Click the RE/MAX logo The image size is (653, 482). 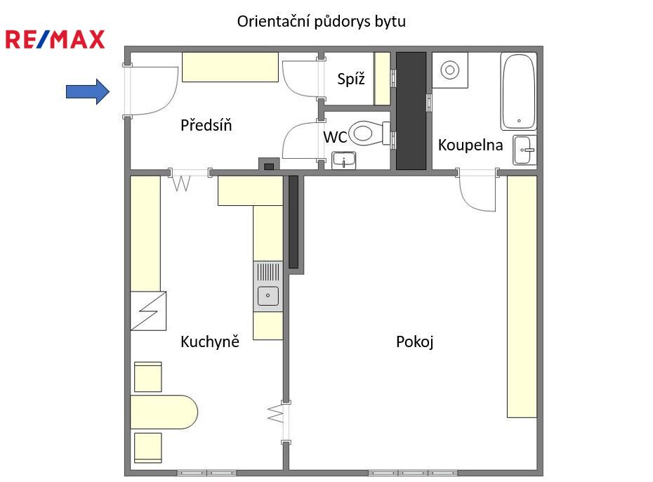[55, 39]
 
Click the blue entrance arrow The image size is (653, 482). [88, 91]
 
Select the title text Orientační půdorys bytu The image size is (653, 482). [321, 21]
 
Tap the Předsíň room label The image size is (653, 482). [206, 125]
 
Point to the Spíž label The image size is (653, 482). [351, 79]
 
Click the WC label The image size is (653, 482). [335, 137]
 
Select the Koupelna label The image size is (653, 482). [470, 145]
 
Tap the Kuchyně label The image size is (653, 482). [210, 341]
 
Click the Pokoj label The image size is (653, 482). [415, 341]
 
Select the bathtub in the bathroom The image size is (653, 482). [518, 91]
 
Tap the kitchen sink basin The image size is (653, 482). [268, 295]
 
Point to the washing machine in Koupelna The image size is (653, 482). [450, 70]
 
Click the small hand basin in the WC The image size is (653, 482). [343, 160]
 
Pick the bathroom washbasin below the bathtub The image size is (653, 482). [525, 150]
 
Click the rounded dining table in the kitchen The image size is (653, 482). [164, 412]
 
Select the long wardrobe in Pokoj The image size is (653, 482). [522, 297]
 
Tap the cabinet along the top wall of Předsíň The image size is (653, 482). [230, 67]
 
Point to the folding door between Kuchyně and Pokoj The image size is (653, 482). [277, 414]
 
